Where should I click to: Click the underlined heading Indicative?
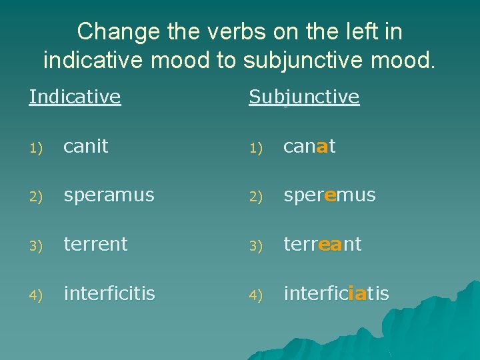75,97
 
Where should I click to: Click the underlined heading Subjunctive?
304,97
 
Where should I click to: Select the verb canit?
85,147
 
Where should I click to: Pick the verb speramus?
109,195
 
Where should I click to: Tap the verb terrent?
95,244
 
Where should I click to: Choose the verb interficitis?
109,293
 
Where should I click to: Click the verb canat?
309,147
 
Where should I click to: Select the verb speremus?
329,195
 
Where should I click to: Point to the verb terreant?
322,244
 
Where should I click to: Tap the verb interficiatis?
336,293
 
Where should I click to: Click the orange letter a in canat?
322,147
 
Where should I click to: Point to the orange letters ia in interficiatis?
357,293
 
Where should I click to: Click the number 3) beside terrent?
35,245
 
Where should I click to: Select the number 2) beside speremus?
255,197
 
